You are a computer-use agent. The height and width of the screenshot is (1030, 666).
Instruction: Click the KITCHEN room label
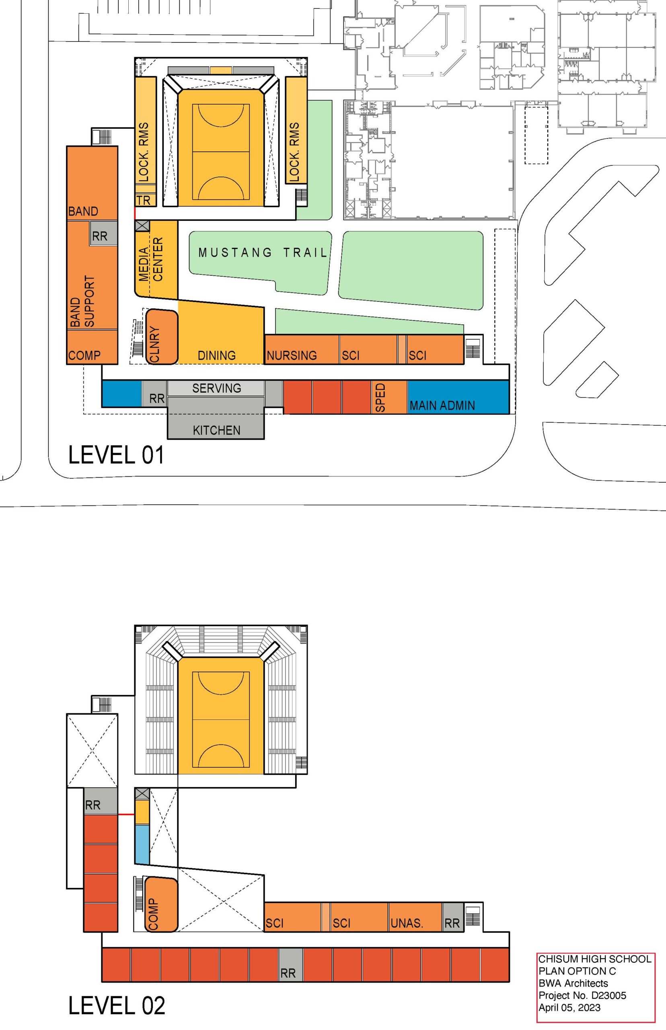pos(216,430)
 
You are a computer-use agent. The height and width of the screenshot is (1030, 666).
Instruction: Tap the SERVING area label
pos(217,388)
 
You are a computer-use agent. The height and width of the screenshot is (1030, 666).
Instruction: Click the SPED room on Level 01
pos(389,397)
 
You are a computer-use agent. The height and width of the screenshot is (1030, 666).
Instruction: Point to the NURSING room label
pos(292,355)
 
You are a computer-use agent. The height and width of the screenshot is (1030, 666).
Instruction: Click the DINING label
pos(217,355)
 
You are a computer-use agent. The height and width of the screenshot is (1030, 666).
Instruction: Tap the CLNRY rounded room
pos(162,337)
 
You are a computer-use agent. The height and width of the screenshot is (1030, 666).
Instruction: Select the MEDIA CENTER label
pos(150,259)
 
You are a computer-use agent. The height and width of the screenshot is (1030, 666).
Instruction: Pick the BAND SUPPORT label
pos(82,301)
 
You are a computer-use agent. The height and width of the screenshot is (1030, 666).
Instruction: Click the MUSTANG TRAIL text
pos(263,253)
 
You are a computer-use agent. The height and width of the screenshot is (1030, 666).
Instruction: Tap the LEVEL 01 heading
pos(116,455)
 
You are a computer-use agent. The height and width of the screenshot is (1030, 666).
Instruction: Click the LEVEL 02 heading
pos(117,1005)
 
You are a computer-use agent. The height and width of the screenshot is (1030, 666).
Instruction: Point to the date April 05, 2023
pos(569,1007)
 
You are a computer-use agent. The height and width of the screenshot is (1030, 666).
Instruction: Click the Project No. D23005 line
pos(582,995)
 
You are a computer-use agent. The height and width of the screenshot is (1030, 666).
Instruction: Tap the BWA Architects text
pos(573,983)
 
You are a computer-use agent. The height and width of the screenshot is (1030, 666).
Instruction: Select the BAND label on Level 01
pos(83,211)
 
